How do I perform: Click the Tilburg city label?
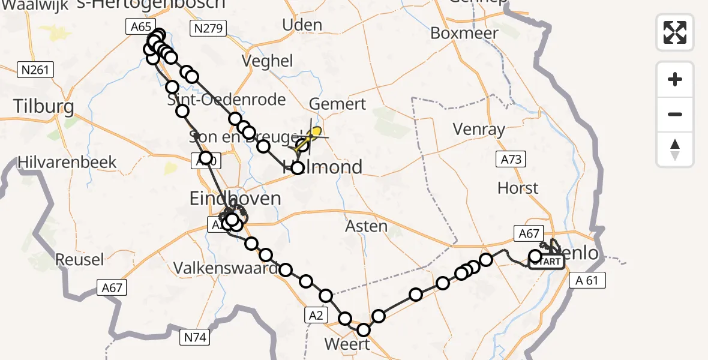pyautogui.click(x=44, y=107)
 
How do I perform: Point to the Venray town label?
pyautogui.click(x=479, y=130)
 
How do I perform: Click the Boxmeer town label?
pyautogui.click(x=464, y=33)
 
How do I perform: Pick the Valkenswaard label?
pyautogui.click(x=226, y=269)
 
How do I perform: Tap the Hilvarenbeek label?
pyautogui.click(x=67, y=162)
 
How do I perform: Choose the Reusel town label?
pyautogui.click(x=79, y=260)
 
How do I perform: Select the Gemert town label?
pyautogui.click(x=338, y=104)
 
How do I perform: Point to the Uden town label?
pyautogui.click(x=302, y=25)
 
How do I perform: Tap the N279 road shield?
pyautogui.click(x=207, y=28)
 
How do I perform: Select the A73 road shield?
pyautogui.click(x=510, y=159)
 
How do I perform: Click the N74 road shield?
pyautogui.click(x=194, y=338)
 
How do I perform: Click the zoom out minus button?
pyautogui.click(x=675, y=114)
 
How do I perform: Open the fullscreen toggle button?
pyautogui.click(x=675, y=32)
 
